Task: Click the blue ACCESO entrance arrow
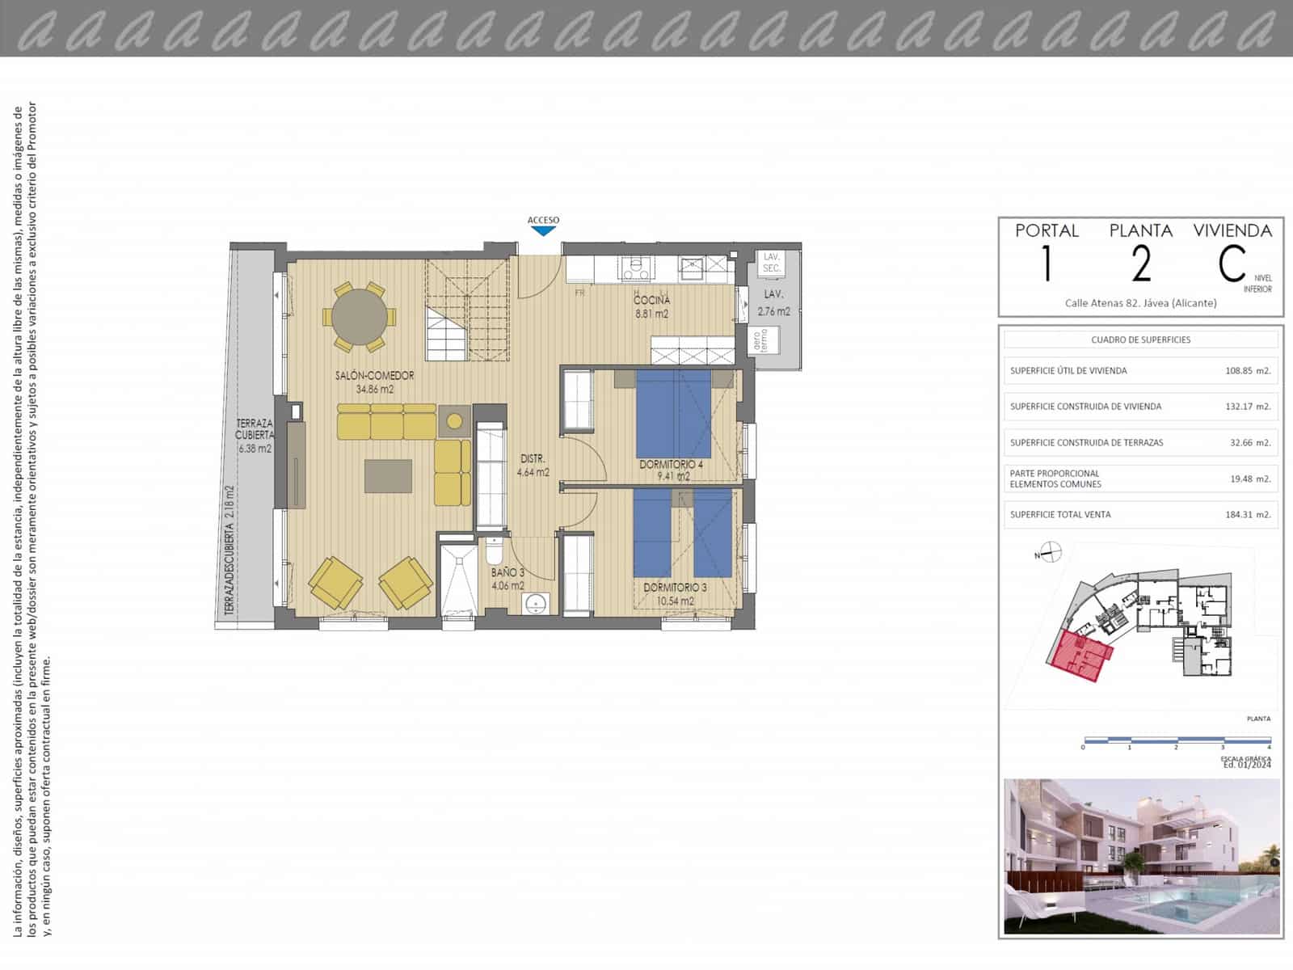(544, 230)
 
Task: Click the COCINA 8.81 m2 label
(651, 307)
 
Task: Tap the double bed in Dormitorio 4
(673, 414)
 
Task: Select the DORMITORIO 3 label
(675, 588)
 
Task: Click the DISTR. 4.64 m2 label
(533, 466)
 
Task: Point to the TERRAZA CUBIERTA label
(254, 429)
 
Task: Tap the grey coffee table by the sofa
(388, 475)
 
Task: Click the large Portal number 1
(1047, 264)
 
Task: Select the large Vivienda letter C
(1232, 264)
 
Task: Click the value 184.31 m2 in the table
(1248, 514)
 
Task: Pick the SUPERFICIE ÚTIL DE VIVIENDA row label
(1068, 371)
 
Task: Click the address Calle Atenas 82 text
(1140, 303)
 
